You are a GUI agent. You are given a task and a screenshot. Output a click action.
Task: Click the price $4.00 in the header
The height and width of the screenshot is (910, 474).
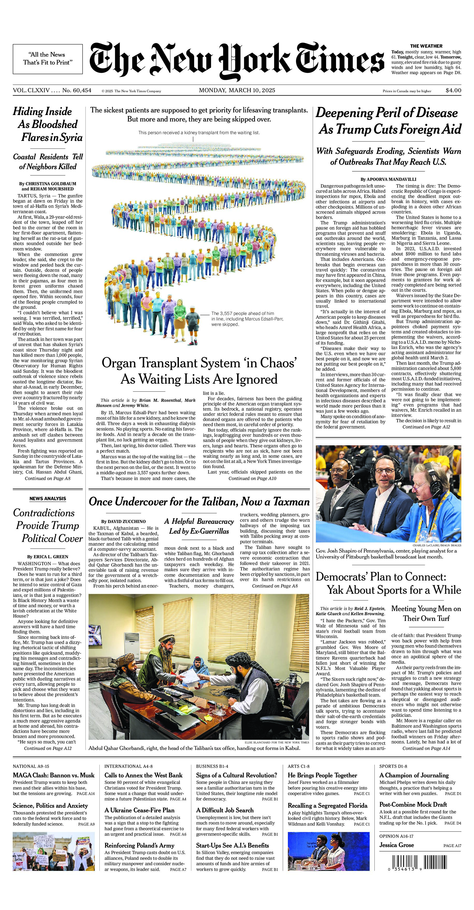453,90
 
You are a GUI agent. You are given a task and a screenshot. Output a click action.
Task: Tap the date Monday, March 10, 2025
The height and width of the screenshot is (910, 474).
237,90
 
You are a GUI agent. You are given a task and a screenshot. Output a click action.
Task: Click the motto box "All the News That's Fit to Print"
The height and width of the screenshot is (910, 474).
48,59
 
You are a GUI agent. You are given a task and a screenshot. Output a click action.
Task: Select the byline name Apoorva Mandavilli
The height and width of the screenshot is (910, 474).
388,180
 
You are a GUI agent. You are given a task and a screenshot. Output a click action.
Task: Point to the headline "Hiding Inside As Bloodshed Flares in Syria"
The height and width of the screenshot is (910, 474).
48,124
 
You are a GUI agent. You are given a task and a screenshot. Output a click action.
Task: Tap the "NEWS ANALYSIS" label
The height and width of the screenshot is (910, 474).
48,499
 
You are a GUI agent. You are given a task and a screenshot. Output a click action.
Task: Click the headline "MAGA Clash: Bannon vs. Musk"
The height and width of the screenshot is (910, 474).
54,775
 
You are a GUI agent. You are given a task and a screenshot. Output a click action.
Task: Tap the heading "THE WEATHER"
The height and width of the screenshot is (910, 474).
426,46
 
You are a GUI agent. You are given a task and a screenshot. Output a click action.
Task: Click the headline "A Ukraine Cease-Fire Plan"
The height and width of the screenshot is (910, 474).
140,810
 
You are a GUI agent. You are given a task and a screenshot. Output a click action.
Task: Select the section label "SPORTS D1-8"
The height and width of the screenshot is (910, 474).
393,766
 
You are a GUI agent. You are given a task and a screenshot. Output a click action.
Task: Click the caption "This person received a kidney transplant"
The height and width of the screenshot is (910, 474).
199,133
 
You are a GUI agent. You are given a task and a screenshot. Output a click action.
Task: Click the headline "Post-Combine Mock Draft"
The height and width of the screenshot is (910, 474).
413,804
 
